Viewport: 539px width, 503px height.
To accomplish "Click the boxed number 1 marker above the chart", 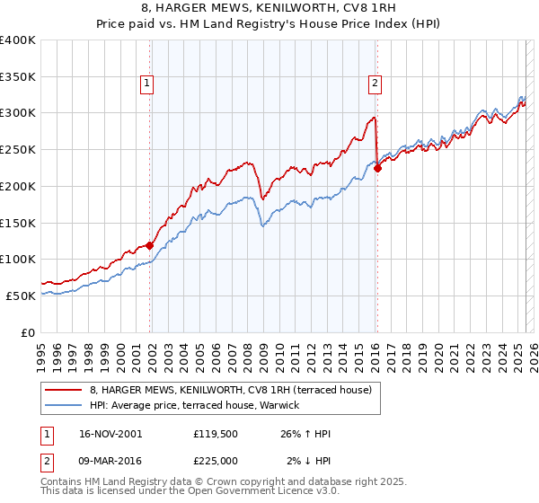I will [x=146, y=84].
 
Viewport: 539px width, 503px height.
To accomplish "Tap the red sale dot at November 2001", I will [x=150, y=244].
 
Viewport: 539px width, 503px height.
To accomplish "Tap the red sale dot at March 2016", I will [x=377, y=167].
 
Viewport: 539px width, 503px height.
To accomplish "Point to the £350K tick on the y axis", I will [x=18, y=76].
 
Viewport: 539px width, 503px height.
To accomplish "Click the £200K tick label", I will [x=18, y=186].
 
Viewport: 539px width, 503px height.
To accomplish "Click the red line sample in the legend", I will [x=64, y=390].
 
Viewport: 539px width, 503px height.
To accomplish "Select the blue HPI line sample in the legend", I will [x=64, y=405].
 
